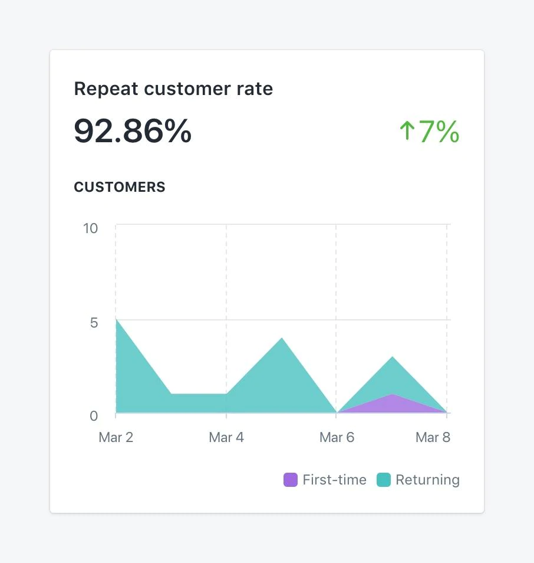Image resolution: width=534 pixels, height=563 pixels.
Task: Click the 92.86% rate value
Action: click(x=133, y=131)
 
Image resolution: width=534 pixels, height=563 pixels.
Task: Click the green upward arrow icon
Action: click(x=407, y=131)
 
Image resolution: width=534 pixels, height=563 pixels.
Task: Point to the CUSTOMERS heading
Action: click(x=120, y=187)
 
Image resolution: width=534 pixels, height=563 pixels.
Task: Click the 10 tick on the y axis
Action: click(x=91, y=228)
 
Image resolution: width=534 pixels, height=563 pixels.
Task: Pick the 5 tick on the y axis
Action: click(x=94, y=322)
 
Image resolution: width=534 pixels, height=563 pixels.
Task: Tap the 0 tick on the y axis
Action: click(x=94, y=415)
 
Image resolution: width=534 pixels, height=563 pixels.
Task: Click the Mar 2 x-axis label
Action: click(x=116, y=437)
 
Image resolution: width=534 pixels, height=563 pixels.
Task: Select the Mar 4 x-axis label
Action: click(x=226, y=437)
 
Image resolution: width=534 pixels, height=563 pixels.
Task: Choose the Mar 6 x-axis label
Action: click(x=337, y=437)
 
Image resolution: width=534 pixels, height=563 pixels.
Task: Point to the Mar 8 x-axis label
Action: click(x=433, y=437)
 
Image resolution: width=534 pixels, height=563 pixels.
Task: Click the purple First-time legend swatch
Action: click(x=291, y=480)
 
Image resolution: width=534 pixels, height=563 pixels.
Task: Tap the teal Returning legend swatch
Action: click(x=384, y=480)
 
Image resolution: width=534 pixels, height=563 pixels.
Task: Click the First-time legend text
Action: click(x=334, y=480)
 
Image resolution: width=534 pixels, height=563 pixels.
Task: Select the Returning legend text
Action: click(x=427, y=480)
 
